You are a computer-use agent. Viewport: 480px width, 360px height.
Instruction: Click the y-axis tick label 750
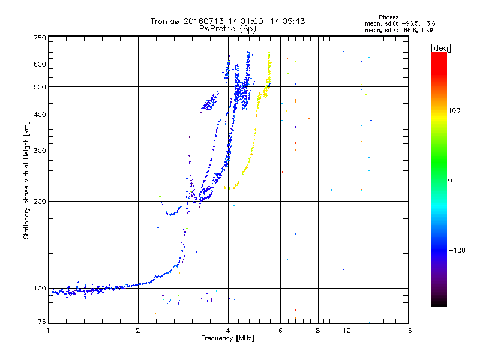pos(40,37)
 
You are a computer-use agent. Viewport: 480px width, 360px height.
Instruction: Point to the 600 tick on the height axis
pos(40,64)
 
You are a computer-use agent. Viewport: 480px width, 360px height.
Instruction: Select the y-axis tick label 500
pos(40,87)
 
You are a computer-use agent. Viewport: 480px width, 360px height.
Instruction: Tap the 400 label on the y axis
pos(40,115)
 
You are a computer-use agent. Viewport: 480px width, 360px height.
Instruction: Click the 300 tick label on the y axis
pos(40,151)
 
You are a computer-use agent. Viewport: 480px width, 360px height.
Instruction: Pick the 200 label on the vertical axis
pos(40,201)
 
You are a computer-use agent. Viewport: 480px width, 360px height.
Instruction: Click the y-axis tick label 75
pos(41,322)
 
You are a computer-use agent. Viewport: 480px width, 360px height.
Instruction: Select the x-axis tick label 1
pos(48,330)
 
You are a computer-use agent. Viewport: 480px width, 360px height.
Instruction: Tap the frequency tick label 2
pos(138,330)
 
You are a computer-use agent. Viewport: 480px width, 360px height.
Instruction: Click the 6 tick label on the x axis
pos(281,330)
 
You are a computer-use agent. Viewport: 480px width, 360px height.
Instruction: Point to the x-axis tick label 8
pos(318,330)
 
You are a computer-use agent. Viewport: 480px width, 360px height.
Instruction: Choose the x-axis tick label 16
pos(407,330)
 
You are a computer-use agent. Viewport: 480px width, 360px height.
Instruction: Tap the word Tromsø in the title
pos(165,21)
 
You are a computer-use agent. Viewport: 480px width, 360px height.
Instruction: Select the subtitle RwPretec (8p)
pos(227,28)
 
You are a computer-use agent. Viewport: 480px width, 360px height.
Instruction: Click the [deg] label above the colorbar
pos(440,47)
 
